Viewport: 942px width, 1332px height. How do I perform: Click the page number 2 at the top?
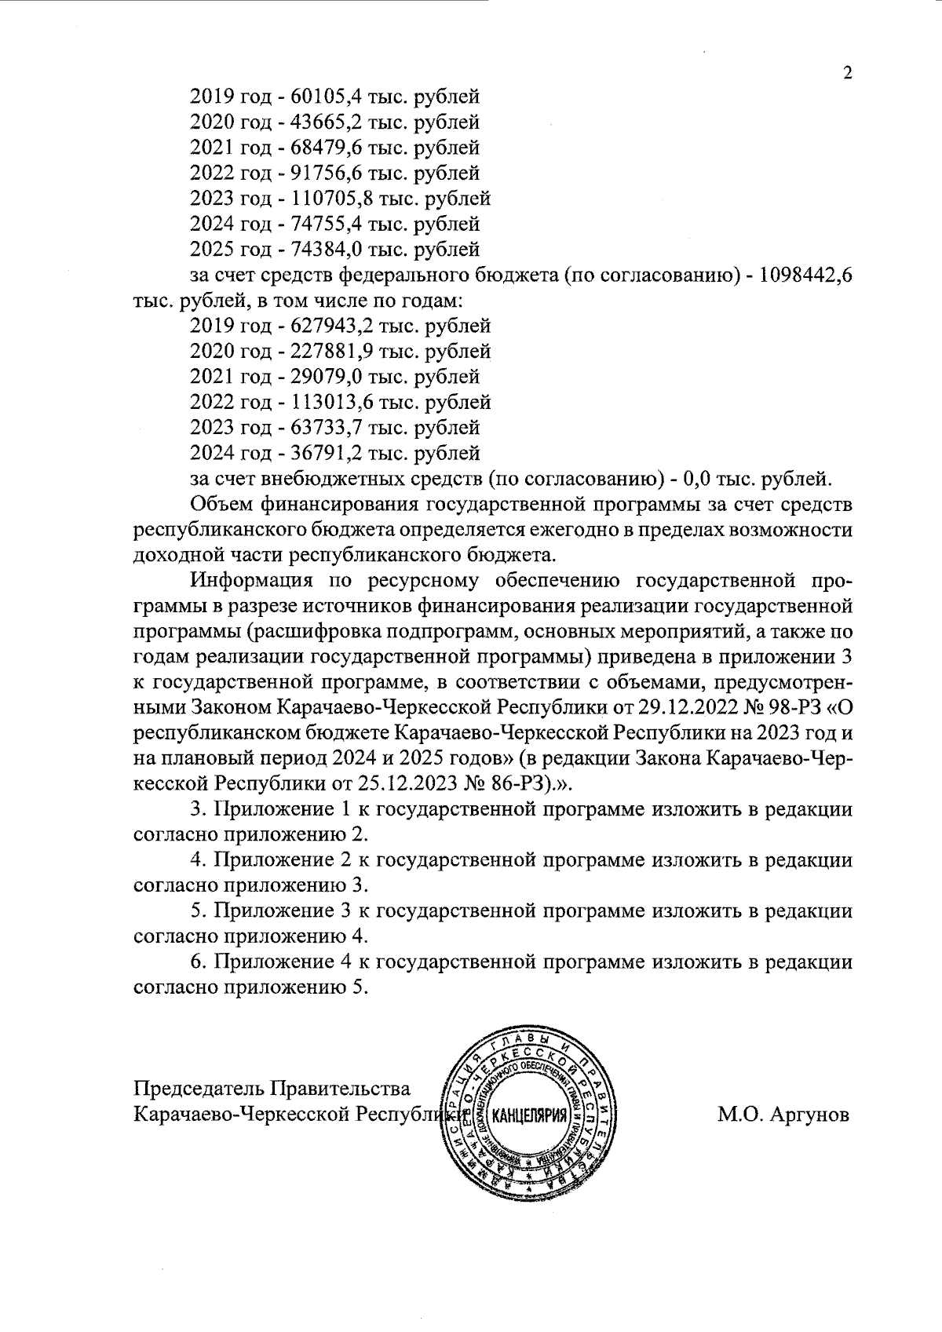pyautogui.click(x=847, y=73)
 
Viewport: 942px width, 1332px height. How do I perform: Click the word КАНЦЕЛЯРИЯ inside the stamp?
pyautogui.click(x=529, y=1117)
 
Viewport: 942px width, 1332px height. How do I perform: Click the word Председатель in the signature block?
pyautogui.click(x=199, y=1089)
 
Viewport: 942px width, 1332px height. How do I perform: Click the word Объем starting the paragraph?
pyautogui.click(x=217, y=504)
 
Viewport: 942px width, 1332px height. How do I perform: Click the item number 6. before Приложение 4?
pyautogui.click(x=199, y=962)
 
